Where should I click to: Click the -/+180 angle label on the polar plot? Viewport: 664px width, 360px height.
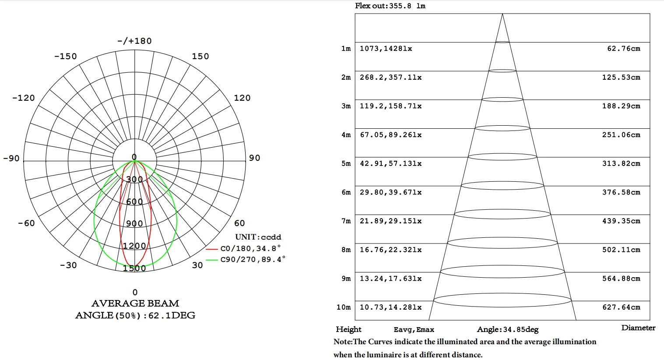[x=134, y=41]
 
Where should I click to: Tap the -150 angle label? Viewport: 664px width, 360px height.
[x=66, y=56]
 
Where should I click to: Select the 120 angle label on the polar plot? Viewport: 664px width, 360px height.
[x=242, y=98]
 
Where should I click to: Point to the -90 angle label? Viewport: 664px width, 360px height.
[x=11, y=159]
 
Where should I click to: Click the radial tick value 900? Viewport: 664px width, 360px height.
[x=134, y=224]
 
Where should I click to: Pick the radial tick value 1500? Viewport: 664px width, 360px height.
[x=134, y=268]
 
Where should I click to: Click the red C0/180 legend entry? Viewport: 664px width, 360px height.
[x=243, y=248]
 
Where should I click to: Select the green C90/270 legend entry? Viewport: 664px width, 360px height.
[x=246, y=259]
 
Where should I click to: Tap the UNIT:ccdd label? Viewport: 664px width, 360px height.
[x=258, y=237]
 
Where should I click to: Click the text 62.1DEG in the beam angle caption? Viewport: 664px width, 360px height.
[x=172, y=315]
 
